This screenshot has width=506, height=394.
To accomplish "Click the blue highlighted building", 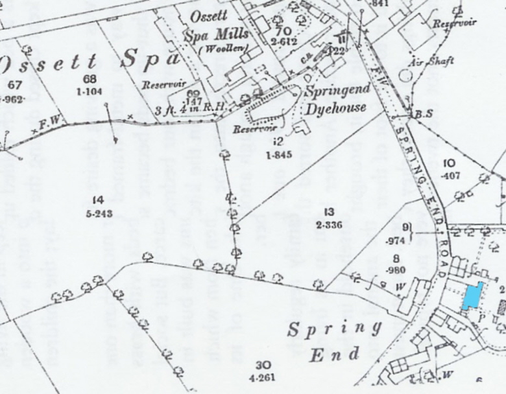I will pyautogui.click(x=473, y=296).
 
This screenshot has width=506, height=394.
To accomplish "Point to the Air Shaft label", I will pyautogui.click(x=432, y=61).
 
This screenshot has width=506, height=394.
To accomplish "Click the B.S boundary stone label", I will pyautogui.click(x=424, y=114).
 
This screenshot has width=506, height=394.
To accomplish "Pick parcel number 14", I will pyautogui.click(x=99, y=200).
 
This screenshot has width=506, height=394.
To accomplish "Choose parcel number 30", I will pyautogui.click(x=263, y=364).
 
